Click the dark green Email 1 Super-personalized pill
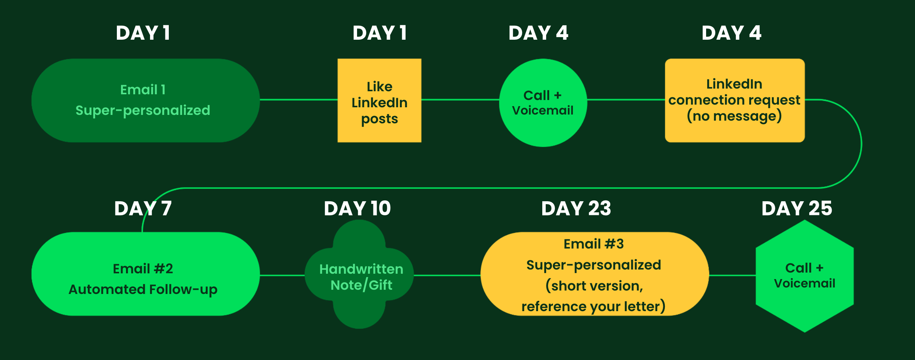click(145, 100)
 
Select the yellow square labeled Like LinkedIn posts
click(379, 100)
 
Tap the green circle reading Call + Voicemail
click(543, 103)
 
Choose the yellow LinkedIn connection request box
click(735, 100)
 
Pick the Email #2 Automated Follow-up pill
click(145, 274)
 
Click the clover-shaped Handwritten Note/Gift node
click(359, 274)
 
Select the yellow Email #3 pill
click(595, 274)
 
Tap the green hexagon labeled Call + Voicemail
click(805, 276)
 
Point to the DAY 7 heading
click(143, 208)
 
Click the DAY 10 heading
click(357, 208)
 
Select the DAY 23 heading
click(576, 208)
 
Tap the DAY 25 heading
click(797, 208)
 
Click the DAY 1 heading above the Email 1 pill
click(143, 33)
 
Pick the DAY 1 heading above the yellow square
click(380, 33)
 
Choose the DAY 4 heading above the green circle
click(538, 33)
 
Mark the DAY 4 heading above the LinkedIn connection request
click(732, 33)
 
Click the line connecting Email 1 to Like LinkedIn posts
click(299, 100)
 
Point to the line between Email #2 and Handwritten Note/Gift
click(282, 275)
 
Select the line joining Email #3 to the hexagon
click(732, 275)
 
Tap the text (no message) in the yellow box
click(734, 116)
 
